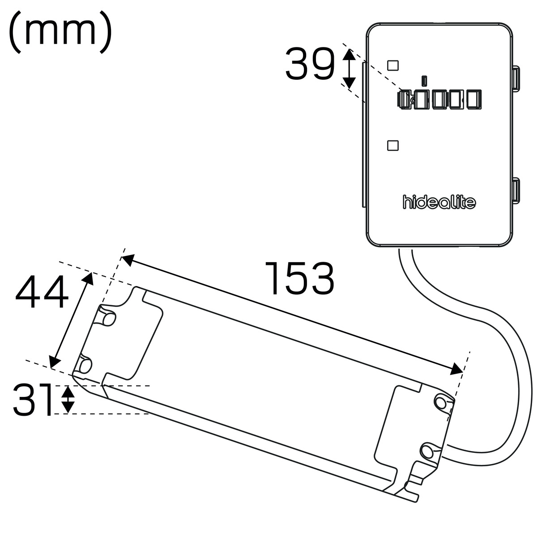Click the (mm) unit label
pos(60,32)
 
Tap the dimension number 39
pos(310,64)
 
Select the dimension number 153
pos(299,278)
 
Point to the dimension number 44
pos(42,293)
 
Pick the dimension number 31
pos(33,400)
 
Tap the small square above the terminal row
pos(392,65)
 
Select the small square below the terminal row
pos(392,145)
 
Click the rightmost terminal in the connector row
pos(473,99)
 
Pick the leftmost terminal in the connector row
pos(405,99)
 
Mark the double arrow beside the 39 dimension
pos(349,69)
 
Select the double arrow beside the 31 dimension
pos(68,400)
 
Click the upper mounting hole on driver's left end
pos(107,316)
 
